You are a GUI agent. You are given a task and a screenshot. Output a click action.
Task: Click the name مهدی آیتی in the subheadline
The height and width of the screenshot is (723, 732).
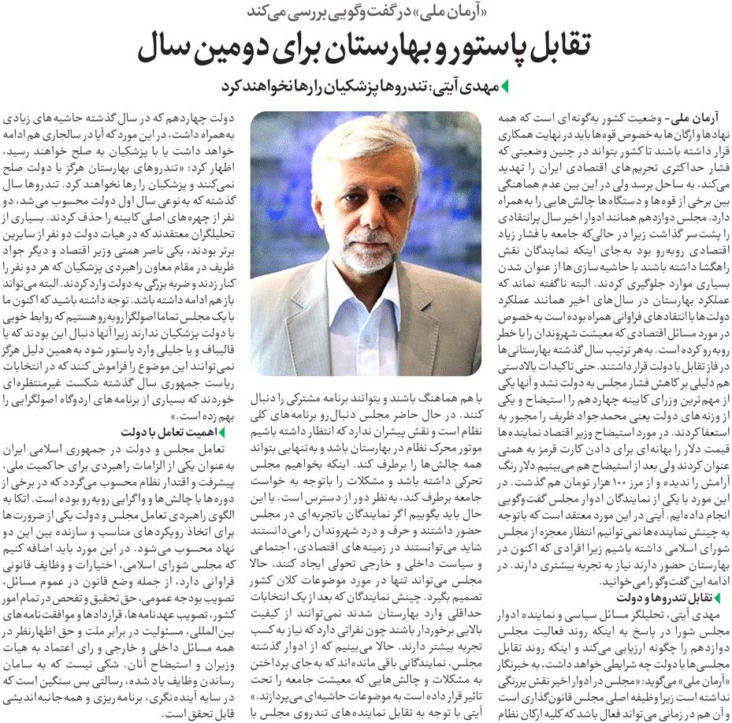pyautogui.click(x=468, y=87)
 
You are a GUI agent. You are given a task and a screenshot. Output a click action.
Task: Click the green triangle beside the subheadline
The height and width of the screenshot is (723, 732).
pyautogui.click(x=505, y=87)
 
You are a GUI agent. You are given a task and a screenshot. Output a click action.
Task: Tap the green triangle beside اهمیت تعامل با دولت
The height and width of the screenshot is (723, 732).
pyautogui.click(x=222, y=431)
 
